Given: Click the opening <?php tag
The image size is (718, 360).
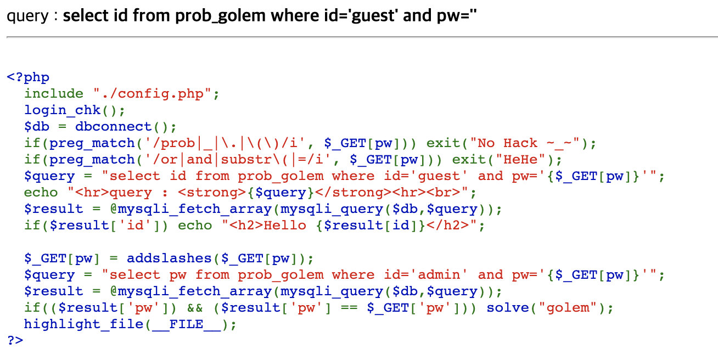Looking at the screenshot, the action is (x=28, y=77).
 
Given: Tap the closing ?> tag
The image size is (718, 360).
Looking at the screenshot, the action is (x=15, y=341).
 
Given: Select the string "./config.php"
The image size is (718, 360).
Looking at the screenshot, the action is (x=153, y=94).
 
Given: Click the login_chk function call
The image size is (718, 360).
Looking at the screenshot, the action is (x=62, y=110).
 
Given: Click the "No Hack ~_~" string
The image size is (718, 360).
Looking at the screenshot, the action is (x=529, y=143).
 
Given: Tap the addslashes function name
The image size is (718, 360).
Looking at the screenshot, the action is (x=169, y=258).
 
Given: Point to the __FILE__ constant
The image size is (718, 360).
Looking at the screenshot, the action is (x=187, y=324).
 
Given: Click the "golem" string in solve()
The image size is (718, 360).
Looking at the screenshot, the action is (x=568, y=308).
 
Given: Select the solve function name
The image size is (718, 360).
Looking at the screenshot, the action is (x=508, y=308).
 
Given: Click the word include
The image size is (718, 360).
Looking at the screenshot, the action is (x=54, y=94).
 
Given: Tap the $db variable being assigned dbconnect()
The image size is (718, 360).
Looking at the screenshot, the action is (x=37, y=127).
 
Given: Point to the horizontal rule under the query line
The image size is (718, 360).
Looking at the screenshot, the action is (x=359, y=37).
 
